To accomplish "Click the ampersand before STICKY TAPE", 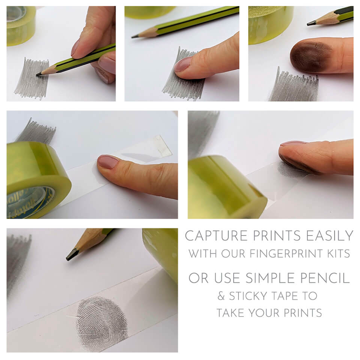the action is click(221, 296).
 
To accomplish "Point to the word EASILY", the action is click(330, 236).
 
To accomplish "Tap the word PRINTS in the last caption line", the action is click(303, 313).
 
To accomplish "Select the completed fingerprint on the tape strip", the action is click(102, 323).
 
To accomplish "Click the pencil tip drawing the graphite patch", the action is click(38, 74).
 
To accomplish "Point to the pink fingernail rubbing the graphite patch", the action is click(183, 64).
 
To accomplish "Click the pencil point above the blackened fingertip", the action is click(310, 23).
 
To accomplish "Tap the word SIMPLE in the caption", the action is click(271, 278).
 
